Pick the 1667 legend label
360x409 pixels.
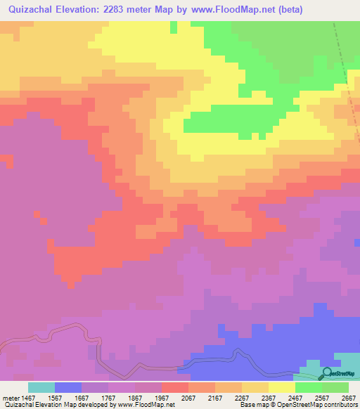[82, 397]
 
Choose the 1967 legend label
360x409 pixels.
[162, 397]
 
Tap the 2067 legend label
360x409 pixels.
[188, 397]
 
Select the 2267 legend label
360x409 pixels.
[242, 397]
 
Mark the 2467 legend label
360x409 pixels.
[295, 397]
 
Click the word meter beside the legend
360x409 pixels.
[10, 397]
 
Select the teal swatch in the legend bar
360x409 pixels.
[41, 387]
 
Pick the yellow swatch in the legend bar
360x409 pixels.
[282, 387]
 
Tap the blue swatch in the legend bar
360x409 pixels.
[68, 387]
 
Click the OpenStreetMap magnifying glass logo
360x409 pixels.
[326, 372]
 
